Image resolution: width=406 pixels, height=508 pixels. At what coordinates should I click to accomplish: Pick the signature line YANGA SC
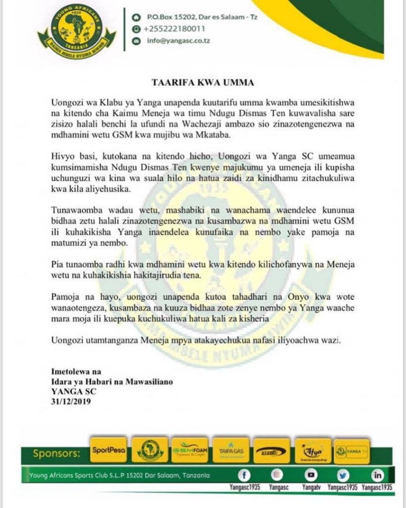tap(72, 391)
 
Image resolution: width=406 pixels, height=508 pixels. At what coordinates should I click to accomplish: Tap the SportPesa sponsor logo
tap(109, 450)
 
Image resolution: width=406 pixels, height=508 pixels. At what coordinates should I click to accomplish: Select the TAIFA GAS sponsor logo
tap(230, 450)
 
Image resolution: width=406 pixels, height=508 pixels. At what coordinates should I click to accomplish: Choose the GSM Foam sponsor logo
tap(190, 450)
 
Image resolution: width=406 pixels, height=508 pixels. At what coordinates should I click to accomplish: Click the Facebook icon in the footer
tap(243, 475)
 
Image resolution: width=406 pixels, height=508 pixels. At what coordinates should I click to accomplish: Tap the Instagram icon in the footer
tap(278, 475)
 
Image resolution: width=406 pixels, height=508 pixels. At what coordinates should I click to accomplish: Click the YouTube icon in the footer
tap(311, 475)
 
